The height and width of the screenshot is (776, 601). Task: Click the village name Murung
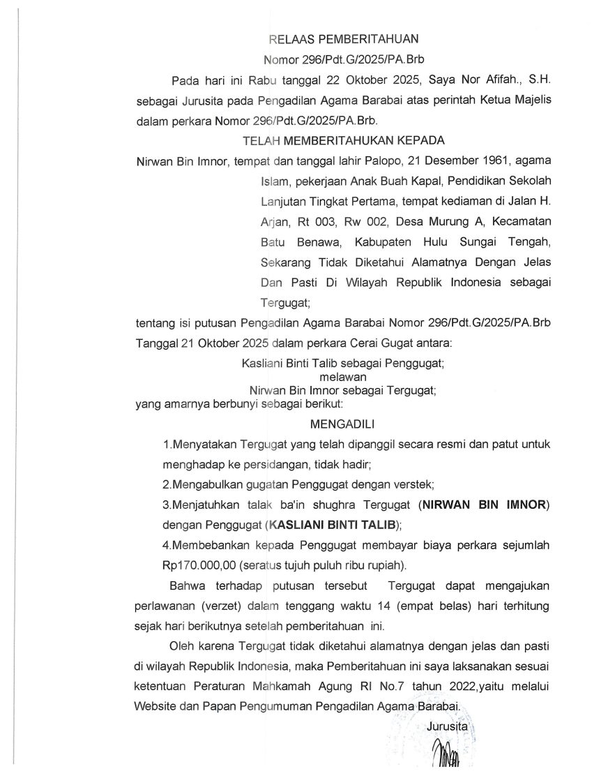[x=445, y=223]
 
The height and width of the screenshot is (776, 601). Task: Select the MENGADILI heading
[x=338, y=423]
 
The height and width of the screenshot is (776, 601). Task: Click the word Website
[x=156, y=707]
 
